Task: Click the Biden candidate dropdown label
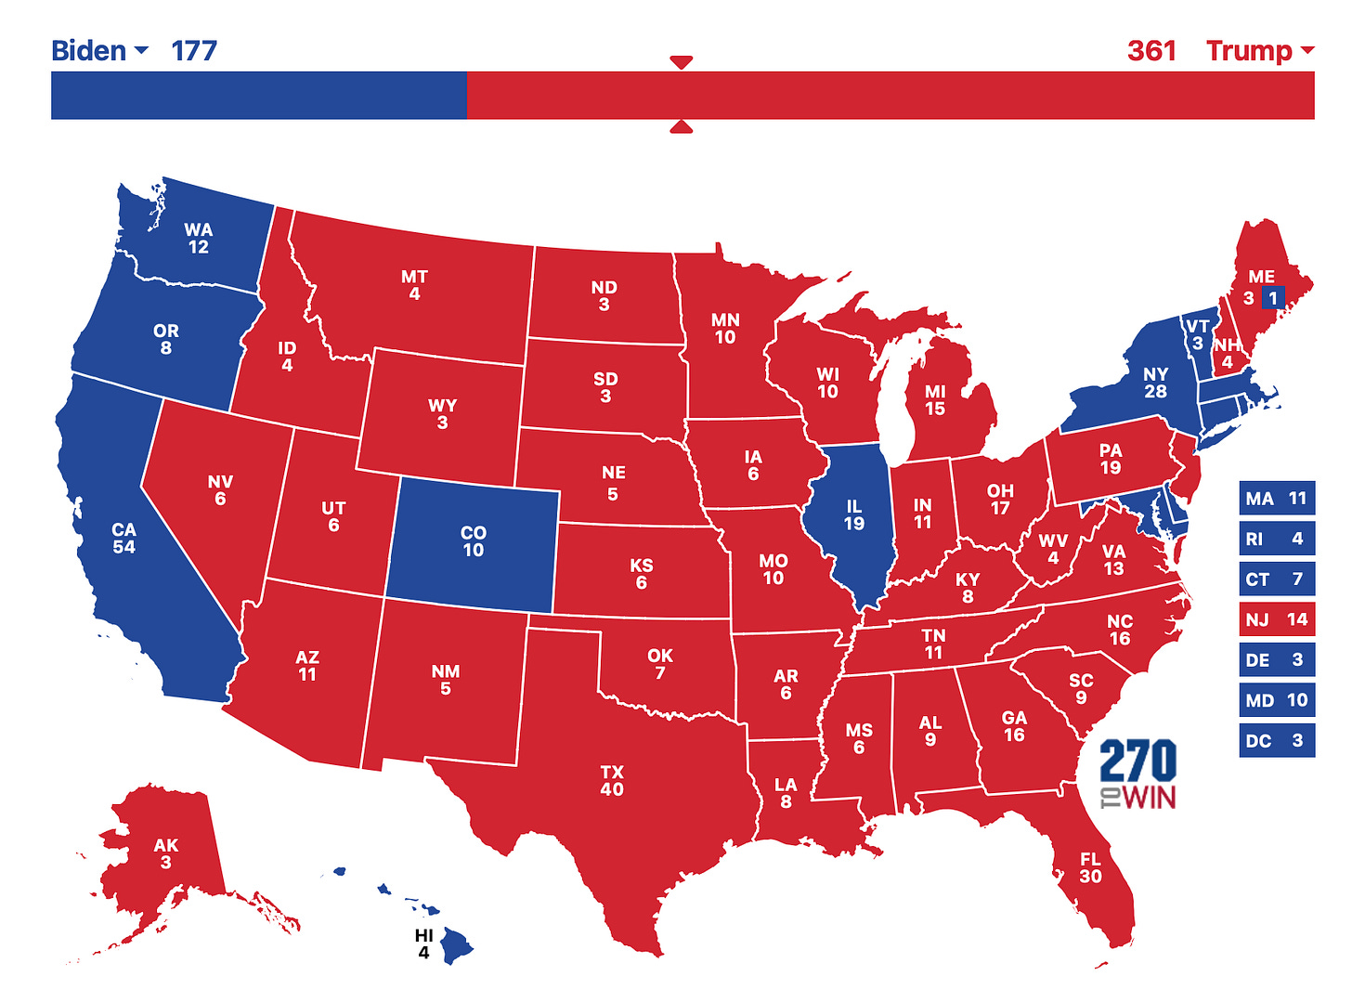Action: pos(98,50)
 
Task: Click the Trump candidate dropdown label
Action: pos(1259,50)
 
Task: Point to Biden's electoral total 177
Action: pos(194,50)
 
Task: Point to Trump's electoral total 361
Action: pos(1151,50)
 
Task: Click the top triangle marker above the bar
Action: pos(682,62)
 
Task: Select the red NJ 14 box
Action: pos(1277,619)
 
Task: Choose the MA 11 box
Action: pos(1277,499)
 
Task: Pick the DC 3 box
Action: pos(1277,741)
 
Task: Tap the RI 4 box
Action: pos(1277,539)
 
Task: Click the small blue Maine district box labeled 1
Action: pos(1273,298)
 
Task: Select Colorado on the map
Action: pos(473,541)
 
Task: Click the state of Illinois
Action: pos(854,515)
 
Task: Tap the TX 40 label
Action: pos(612,781)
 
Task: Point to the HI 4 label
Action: pos(423,944)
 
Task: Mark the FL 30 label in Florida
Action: pos(1090,868)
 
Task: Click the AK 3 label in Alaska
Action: pos(165,853)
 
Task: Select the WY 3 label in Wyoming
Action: pos(442,414)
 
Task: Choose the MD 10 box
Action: pos(1277,700)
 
